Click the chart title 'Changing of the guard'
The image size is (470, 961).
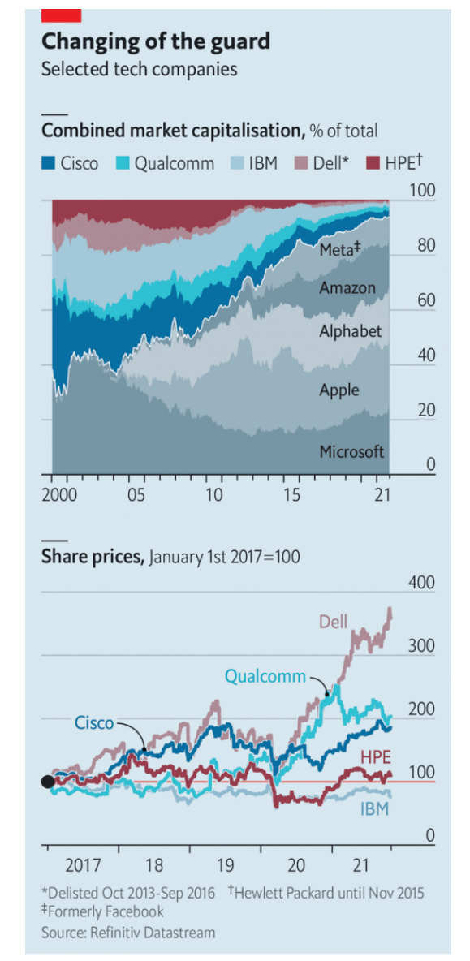(x=156, y=41)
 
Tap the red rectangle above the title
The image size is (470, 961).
(x=62, y=14)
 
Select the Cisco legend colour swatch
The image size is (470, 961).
(x=50, y=163)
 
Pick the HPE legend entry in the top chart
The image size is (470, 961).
(x=393, y=163)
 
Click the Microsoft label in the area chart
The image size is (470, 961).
(x=351, y=452)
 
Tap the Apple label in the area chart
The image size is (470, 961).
(x=338, y=390)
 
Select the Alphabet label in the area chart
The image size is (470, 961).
(x=350, y=331)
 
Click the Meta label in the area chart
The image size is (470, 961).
(x=339, y=249)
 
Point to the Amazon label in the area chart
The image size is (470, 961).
(x=347, y=287)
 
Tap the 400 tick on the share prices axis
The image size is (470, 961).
(x=421, y=583)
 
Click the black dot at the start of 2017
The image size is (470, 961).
(x=48, y=782)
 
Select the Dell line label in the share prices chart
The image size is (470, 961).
(x=333, y=623)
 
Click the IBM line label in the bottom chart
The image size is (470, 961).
(x=375, y=809)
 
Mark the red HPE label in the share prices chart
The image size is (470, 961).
(x=376, y=757)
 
